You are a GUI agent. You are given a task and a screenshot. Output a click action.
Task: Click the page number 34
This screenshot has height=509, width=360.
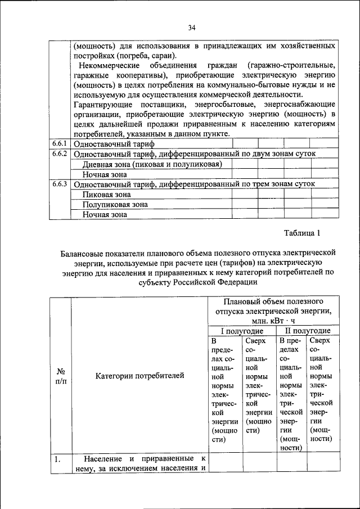[x=191, y=28]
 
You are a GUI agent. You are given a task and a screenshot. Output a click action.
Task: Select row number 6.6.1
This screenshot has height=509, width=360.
[x=60, y=143]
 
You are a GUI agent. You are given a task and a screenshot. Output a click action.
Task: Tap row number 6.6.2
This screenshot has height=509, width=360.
[x=60, y=154]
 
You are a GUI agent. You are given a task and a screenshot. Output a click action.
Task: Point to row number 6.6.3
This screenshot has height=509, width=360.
[x=60, y=184]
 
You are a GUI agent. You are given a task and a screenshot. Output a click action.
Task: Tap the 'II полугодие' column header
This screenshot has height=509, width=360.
[x=307, y=331]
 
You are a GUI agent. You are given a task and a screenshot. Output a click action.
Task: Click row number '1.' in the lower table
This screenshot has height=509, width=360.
[x=57, y=460]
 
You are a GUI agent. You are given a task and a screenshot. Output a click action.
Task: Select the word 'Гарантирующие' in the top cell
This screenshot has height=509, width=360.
[x=103, y=105]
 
